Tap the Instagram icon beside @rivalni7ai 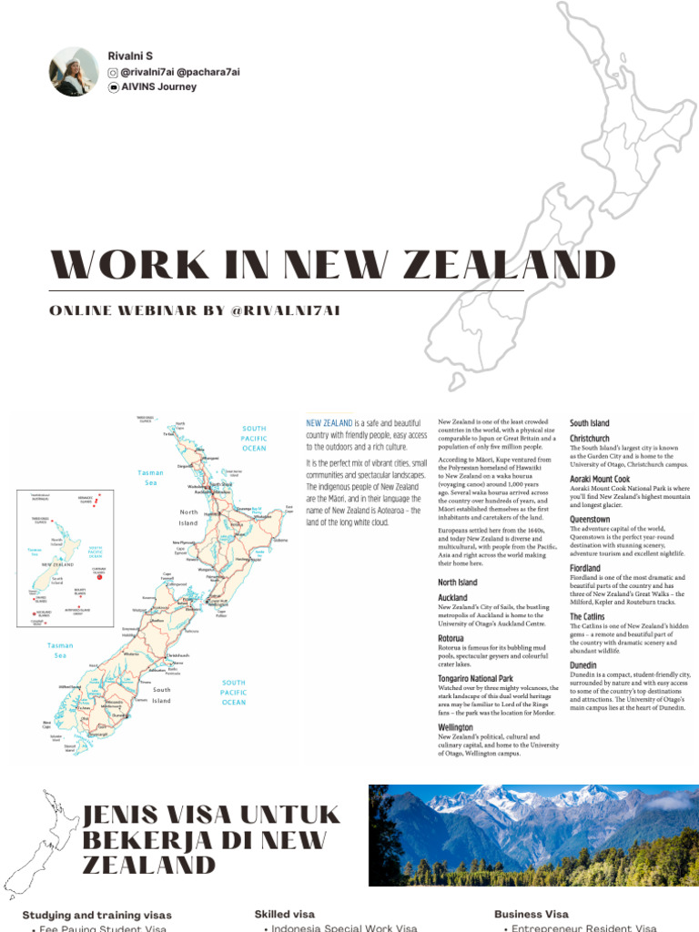tap(113, 72)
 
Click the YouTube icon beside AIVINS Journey tap(113, 87)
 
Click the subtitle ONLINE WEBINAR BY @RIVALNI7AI tap(195, 310)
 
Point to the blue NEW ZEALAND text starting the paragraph tap(329, 423)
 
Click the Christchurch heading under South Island tap(590, 438)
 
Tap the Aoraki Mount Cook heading tap(600, 479)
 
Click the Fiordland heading tap(585, 568)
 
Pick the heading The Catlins tap(587, 616)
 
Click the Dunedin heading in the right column tap(583, 665)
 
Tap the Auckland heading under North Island tap(453, 598)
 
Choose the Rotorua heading tap(451, 639)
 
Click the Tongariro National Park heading tap(476, 679)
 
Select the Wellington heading tap(456, 728)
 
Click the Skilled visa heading tap(284, 914)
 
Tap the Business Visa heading tap(532, 914)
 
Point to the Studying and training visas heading tap(96, 915)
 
